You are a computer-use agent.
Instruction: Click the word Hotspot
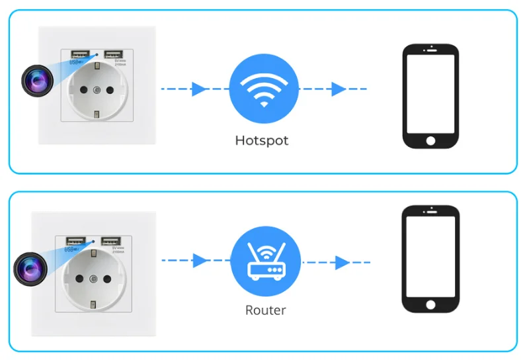point(262,140)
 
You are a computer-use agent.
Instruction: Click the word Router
point(265,310)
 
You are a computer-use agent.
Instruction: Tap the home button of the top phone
point(431,141)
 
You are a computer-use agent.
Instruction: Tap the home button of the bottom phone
point(431,305)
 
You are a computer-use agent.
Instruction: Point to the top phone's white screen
point(431,93)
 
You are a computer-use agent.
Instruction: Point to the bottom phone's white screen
point(431,257)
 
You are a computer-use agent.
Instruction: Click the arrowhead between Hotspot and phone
point(339,89)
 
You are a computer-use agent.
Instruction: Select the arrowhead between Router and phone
point(341,263)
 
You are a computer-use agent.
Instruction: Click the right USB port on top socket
point(112,54)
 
